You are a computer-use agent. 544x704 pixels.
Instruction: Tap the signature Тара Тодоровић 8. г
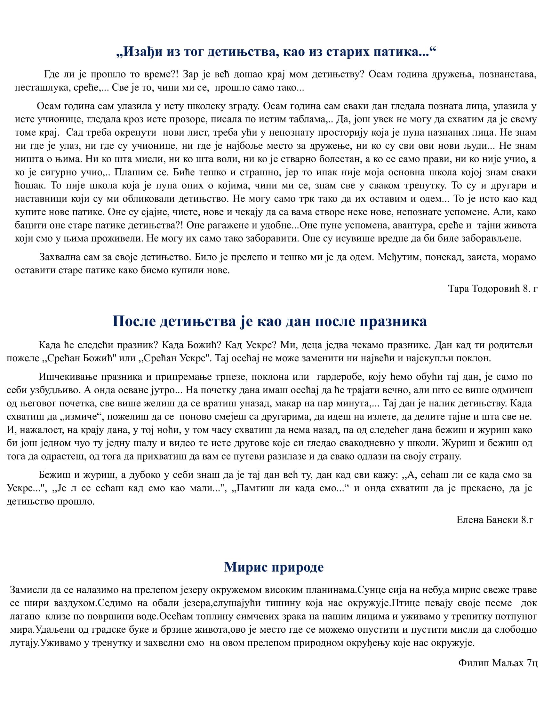tap(492, 289)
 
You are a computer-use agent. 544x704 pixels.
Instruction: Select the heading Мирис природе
tap(274, 567)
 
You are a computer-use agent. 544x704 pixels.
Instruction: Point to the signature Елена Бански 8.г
tap(495, 520)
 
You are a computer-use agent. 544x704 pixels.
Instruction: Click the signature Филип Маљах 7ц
tap(498, 663)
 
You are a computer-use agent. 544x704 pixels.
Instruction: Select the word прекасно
tap(479, 488)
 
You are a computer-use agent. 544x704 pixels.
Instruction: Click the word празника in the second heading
tap(393, 321)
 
